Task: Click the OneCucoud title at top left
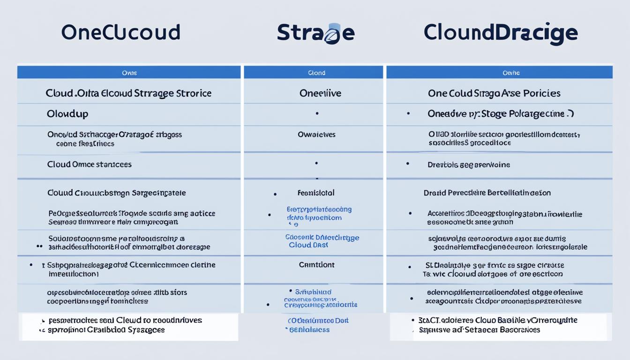(x=120, y=32)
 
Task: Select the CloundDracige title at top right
(x=500, y=33)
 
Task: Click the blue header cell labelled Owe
(x=129, y=73)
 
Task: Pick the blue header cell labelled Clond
(x=316, y=73)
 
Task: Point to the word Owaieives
(x=317, y=135)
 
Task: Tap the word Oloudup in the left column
(x=67, y=114)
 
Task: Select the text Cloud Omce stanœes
(x=89, y=165)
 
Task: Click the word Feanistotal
(x=316, y=193)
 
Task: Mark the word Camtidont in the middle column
(x=317, y=265)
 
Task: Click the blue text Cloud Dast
(x=308, y=245)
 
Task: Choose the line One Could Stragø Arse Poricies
(x=494, y=93)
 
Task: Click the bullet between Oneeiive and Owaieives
(x=317, y=113)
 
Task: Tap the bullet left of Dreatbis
(x=407, y=164)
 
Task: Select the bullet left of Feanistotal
(x=275, y=193)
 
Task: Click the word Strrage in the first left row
(x=153, y=93)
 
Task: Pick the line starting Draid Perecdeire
(x=487, y=193)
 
